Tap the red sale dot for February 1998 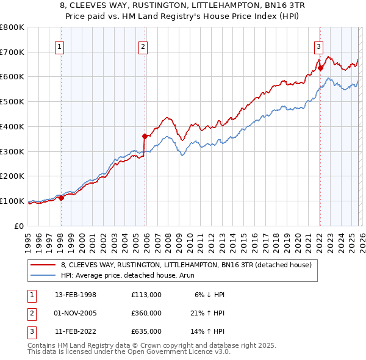[x=61, y=198]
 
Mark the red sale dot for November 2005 [x=145, y=136]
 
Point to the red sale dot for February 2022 [x=320, y=68]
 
